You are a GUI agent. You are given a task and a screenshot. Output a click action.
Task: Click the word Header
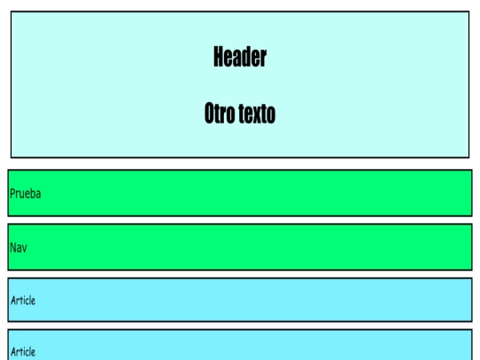240,57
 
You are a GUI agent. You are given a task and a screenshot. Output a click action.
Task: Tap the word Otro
219,113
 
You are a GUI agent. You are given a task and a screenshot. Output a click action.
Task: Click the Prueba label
26,194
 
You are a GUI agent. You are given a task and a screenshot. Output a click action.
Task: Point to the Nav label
19,248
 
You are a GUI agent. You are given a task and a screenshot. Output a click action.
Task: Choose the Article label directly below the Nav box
23,300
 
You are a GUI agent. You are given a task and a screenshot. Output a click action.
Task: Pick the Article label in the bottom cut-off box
23,352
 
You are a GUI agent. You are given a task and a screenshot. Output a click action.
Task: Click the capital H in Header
219,57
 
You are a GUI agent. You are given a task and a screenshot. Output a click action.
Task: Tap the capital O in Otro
210,113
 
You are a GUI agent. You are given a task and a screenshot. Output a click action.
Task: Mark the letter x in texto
256,115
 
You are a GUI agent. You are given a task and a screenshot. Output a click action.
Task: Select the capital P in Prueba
12,194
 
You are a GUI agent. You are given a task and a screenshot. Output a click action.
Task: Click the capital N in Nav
13,248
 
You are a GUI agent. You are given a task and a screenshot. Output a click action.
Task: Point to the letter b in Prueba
33,194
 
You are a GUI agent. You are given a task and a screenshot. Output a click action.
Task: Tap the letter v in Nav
24,249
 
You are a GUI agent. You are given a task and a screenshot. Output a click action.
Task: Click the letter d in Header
245,57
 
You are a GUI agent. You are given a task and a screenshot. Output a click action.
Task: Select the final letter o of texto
270,116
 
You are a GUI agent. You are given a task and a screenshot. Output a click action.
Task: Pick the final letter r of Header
264,59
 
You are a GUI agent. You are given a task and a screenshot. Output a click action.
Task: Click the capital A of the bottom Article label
13,352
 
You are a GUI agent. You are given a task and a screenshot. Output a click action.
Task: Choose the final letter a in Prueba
38,195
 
